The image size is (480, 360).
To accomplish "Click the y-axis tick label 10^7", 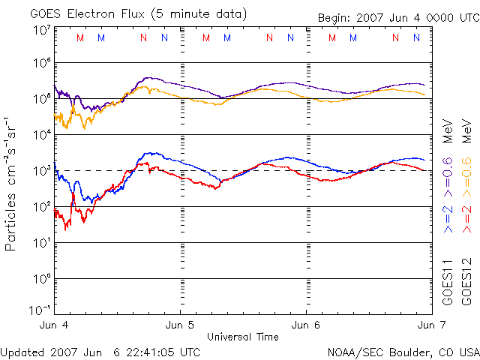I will tap(41, 31).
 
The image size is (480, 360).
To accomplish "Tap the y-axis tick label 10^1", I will tap(41, 242).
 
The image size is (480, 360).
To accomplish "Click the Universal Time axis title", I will tap(241, 336).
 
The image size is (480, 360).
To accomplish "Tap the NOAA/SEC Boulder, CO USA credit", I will tap(403, 351).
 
